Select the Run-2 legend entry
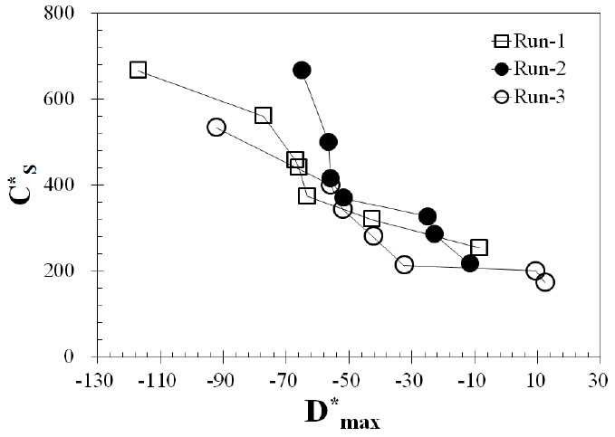coord(526,69)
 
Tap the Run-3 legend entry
coord(526,97)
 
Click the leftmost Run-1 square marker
coord(138,70)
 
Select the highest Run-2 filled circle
coord(303,71)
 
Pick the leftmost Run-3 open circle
coord(216,128)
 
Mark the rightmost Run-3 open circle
coord(545,282)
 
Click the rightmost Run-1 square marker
coord(479,247)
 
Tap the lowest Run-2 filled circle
coord(470,263)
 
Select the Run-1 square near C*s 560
coord(264,116)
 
